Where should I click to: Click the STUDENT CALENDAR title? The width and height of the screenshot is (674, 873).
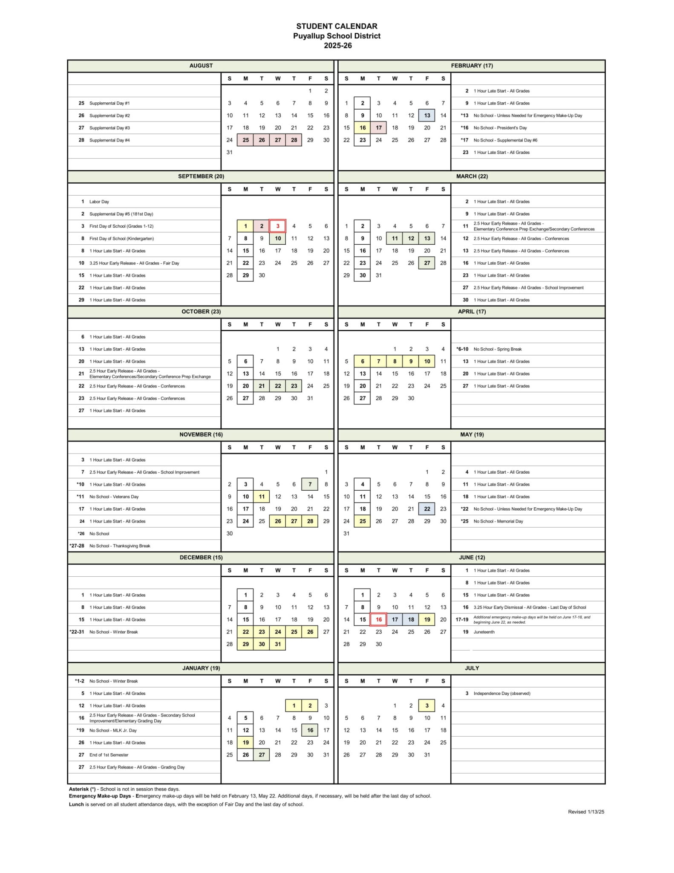(337, 26)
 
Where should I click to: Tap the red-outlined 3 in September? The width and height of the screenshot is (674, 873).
(278, 226)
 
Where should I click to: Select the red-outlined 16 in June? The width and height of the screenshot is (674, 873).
(379, 620)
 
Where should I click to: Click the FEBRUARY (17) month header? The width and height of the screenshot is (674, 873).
(472, 66)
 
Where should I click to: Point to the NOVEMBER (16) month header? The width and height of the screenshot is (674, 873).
(201, 434)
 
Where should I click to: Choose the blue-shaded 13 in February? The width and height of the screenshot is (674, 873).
(427, 116)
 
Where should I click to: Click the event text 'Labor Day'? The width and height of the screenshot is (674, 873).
(99, 202)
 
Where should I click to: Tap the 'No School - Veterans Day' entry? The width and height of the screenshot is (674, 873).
(114, 497)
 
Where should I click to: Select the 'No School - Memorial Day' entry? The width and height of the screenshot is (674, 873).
(498, 521)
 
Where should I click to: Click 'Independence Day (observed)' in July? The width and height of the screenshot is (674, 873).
(502, 694)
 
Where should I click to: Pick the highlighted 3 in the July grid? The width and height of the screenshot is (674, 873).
(427, 706)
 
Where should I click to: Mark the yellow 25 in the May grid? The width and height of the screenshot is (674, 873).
(363, 521)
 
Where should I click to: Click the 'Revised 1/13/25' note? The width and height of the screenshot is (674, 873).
(586, 812)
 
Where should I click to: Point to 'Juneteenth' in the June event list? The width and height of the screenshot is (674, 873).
(484, 632)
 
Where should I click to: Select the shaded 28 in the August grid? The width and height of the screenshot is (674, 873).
(294, 140)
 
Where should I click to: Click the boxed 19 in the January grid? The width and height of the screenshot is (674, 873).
(246, 743)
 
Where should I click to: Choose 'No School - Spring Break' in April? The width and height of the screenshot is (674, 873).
(497, 349)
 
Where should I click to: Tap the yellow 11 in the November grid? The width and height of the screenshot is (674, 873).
(262, 497)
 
